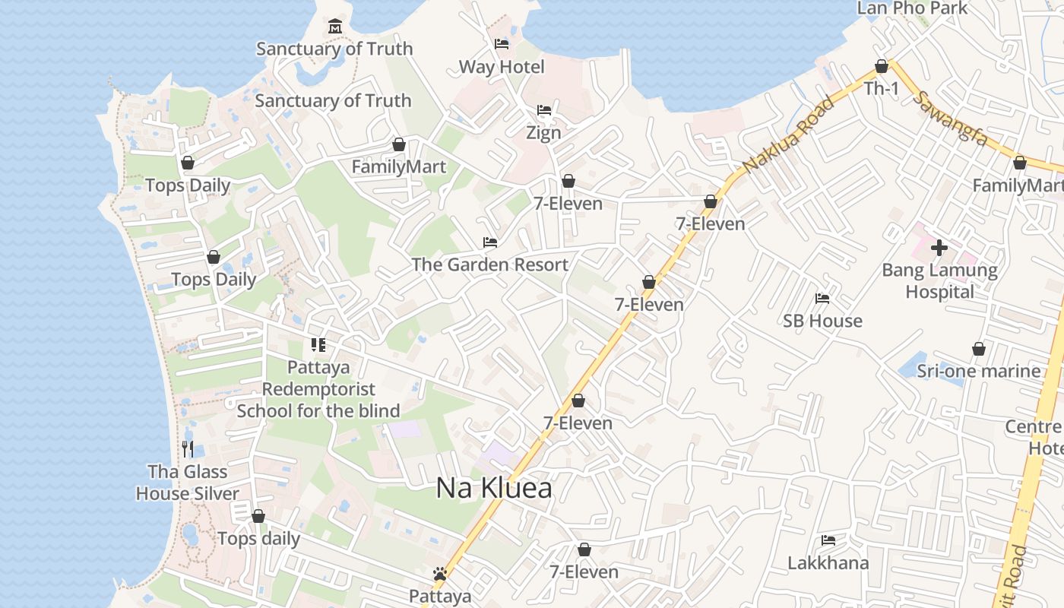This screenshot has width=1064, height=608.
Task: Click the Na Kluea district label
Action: point(494,488)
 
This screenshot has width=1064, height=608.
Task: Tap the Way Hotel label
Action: point(502,67)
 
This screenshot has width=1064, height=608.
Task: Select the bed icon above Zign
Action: point(544,110)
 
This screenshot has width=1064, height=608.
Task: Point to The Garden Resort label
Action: point(489,264)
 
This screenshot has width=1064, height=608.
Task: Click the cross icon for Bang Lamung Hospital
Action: point(939,247)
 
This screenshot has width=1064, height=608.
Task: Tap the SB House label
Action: point(822,321)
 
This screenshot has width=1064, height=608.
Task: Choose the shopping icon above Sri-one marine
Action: point(978,349)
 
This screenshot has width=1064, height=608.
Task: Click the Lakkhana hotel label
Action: point(828,563)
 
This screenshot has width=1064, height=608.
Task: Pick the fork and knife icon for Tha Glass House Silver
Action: point(188,449)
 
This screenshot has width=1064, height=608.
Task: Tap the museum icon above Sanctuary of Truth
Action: point(334,27)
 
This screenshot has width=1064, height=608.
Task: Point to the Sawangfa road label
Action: point(952,119)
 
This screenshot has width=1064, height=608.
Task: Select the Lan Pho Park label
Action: point(912,8)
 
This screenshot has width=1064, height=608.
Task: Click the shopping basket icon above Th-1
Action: point(882,66)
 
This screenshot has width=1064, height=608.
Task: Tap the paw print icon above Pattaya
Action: point(439,574)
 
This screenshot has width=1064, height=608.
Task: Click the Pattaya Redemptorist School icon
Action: point(318,345)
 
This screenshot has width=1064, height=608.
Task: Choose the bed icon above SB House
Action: point(822,299)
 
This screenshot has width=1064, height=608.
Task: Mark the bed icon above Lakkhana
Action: point(828,540)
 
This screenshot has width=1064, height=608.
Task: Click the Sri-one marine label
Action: point(978,371)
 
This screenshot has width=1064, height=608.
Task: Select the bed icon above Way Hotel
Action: point(502,44)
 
